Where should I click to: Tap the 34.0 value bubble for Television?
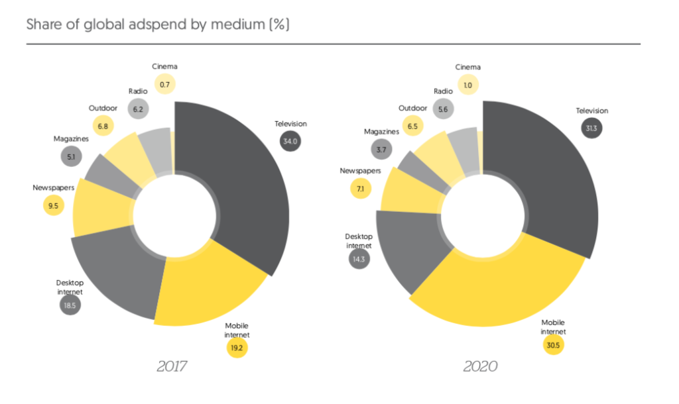[x=290, y=141]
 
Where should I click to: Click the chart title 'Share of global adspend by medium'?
[x=158, y=25]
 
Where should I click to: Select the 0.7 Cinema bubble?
[x=165, y=84]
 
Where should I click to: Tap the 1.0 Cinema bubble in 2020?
[x=467, y=84]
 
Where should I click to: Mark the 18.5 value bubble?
[x=70, y=306]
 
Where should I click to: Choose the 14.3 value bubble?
[x=359, y=259]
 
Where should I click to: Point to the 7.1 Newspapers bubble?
[x=360, y=188]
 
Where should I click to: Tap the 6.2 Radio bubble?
[x=138, y=109]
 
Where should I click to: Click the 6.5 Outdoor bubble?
[x=412, y=125]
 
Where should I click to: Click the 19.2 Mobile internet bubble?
[x=237, y=346]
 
